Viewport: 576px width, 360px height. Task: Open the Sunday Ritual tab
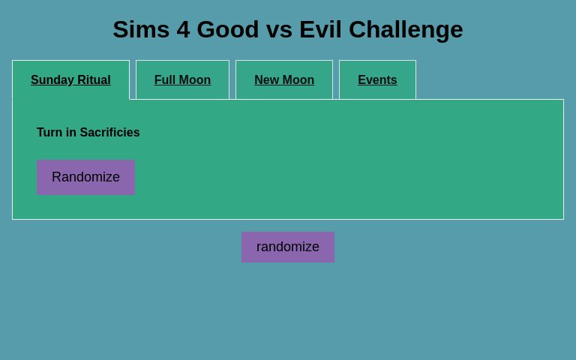pos(70,80)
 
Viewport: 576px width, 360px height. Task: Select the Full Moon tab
pos(182,80)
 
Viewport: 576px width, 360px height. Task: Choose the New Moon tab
pos(284,80)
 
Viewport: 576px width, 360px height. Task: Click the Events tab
pos(377,80)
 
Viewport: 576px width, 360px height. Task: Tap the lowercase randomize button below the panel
pos(288,247)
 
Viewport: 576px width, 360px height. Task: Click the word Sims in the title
pos(141,30)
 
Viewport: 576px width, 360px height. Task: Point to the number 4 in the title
pos(184,30)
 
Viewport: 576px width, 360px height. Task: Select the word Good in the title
pos(228,30)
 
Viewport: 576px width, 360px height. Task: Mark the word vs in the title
pos(279,30)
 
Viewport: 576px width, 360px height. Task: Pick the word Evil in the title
pos(321,30)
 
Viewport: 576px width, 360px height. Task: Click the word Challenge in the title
pos(406,30)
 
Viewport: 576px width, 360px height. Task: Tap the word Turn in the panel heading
pos(49,133)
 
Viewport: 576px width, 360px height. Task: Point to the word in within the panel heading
pos(70,133)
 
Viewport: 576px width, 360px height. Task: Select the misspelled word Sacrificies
pos(109,133)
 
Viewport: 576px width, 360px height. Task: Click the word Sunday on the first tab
pos(52,80)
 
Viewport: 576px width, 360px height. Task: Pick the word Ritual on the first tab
pos(94,80)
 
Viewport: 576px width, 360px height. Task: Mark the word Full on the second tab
pos(165,80)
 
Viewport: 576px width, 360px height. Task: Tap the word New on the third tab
pos(266,80)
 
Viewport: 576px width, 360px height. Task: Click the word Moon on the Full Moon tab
pos(195,80)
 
